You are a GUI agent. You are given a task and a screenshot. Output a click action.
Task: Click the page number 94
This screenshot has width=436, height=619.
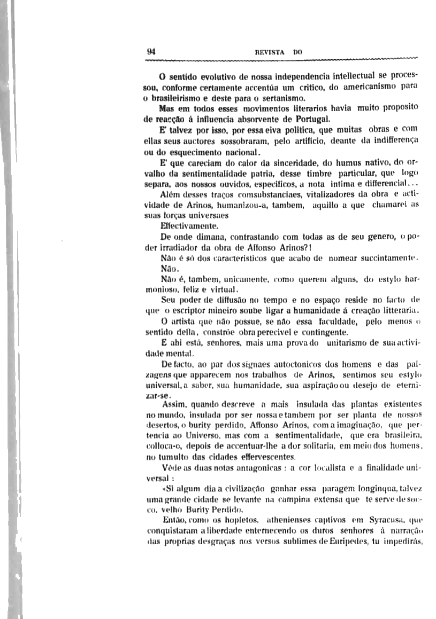tap(151, 52)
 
